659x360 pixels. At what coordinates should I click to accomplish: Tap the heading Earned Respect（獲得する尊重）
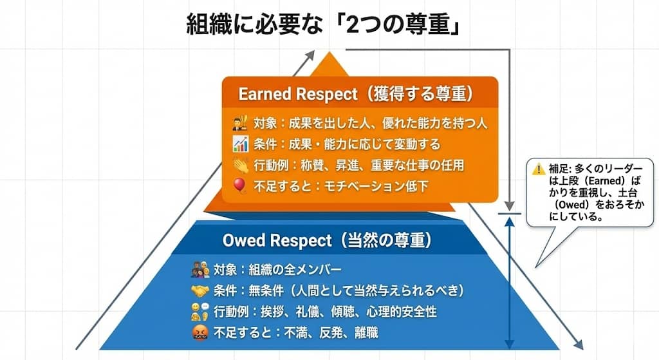click(x=356, y=94)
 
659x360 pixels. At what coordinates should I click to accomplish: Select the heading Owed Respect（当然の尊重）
click(x=327, y=240)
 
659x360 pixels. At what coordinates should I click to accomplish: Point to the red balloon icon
click(x=240, y=185)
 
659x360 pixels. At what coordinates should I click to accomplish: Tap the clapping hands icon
click(x=240, y=165)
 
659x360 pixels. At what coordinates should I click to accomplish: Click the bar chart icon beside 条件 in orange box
click(x=240, y=144)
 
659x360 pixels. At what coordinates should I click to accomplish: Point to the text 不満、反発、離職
click(x=338, y=334)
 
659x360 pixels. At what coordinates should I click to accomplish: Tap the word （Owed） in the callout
click(x=567, y=206)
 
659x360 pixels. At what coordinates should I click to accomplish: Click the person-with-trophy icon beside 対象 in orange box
click(x=240, y=122)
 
